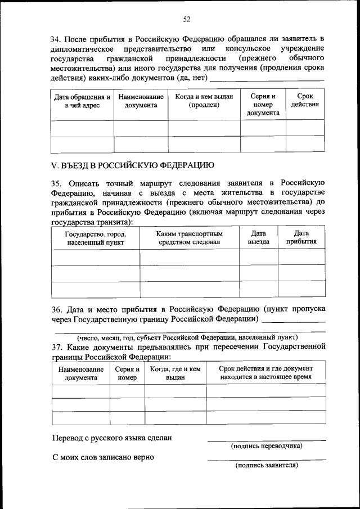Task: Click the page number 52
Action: (186, 19)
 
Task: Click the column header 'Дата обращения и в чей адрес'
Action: (82, 101)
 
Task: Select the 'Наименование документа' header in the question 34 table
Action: (141, 101)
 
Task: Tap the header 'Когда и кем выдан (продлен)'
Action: (204, 101)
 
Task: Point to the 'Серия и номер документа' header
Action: (263, 105)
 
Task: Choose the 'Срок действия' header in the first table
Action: (305, 101)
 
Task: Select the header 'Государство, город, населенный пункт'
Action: (95, 238)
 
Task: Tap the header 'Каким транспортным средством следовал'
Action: (189, 238)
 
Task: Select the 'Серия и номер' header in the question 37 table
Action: (127, 373)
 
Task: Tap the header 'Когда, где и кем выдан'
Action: (175, 373)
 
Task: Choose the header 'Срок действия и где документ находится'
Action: (265, 372)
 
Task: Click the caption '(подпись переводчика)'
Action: (266, 446)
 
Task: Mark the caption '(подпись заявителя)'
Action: (266, 465)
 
